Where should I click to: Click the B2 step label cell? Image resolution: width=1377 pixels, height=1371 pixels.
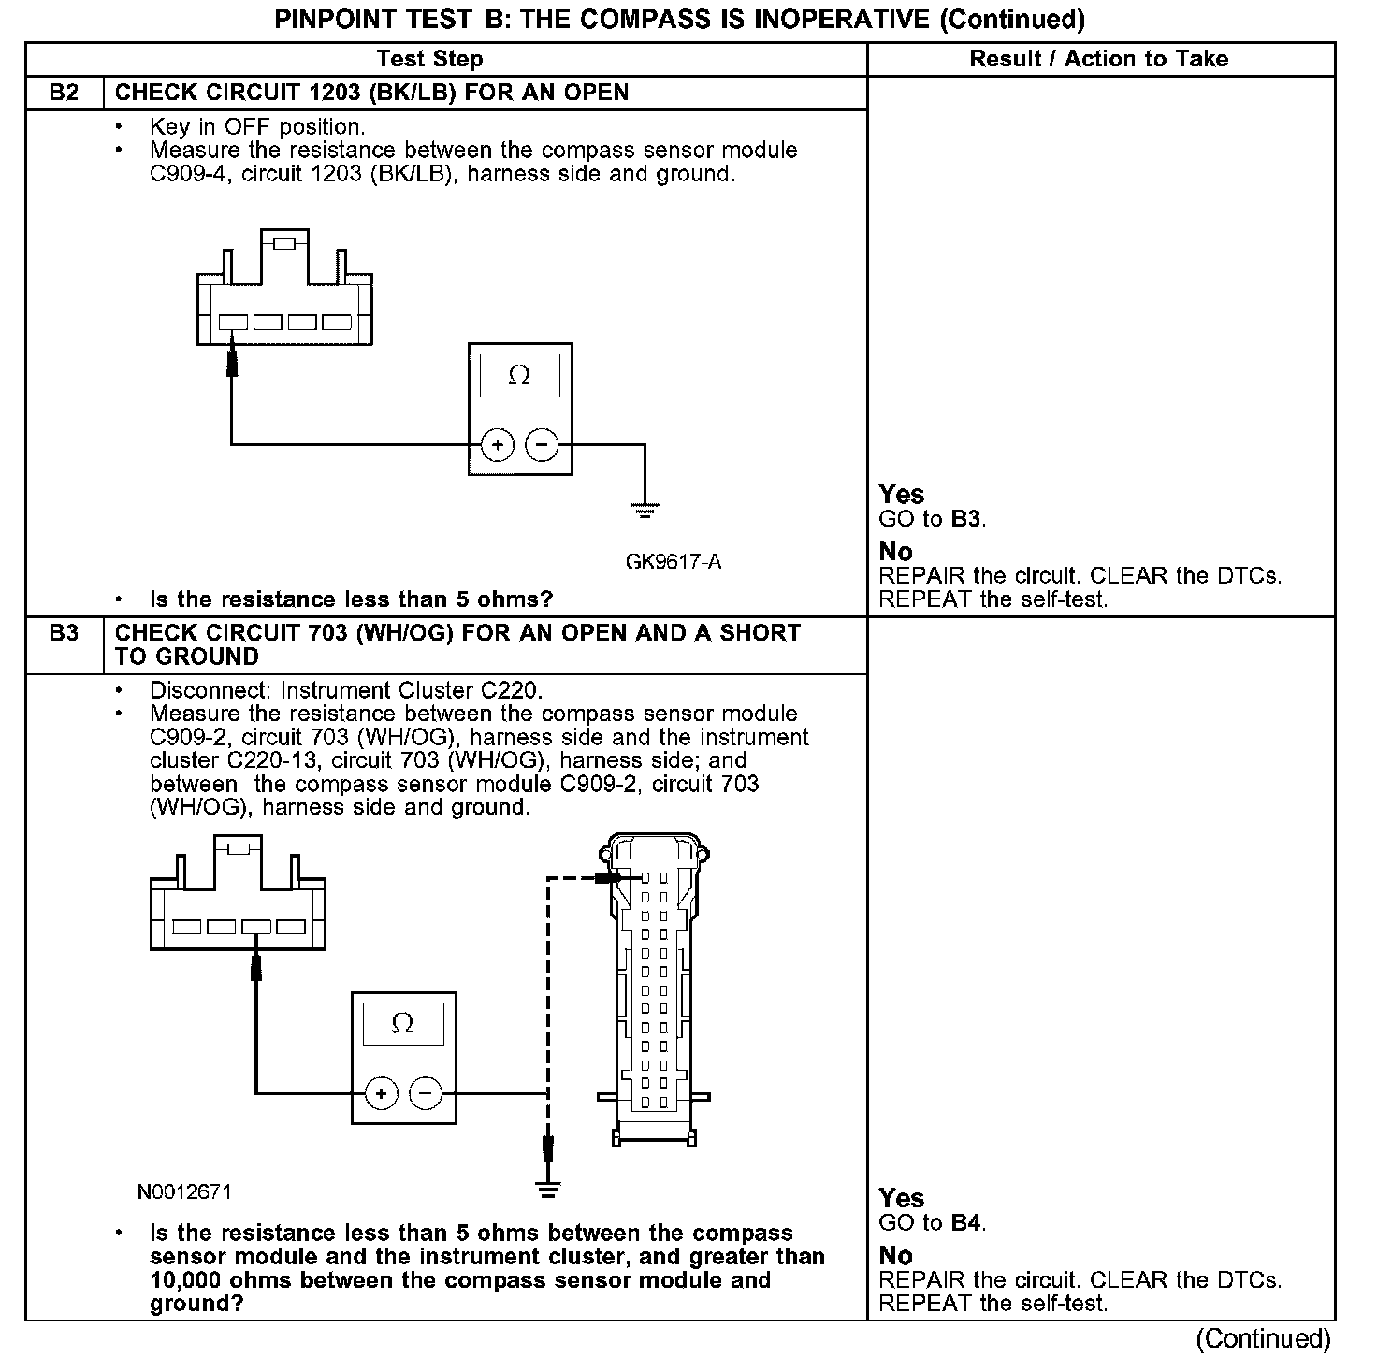pos(64,93)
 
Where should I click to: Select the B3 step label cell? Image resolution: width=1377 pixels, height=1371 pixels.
pos(64,633)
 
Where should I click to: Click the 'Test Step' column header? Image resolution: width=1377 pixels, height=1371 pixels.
pos(429,59)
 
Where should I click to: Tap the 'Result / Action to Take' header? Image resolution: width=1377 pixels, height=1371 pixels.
pos(1099,59)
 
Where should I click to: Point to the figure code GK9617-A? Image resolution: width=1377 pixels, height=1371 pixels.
pos(674,562)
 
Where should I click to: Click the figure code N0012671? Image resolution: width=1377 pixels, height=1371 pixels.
pos(184,1191)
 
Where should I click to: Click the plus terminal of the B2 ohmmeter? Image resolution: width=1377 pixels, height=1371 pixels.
pos(498,445)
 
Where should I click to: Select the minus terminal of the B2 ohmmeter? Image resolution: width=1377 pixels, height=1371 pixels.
pos(542,445)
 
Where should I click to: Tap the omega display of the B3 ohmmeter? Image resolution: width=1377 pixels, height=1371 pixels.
pos(402,1024)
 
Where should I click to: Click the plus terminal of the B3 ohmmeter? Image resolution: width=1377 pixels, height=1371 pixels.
pos(381,1092)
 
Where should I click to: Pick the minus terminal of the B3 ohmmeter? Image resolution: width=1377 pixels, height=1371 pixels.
pos(426,1092)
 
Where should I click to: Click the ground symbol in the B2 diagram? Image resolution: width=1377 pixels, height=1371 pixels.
pos(644,511)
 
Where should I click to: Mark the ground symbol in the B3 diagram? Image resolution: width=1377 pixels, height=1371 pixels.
pos(548,1190)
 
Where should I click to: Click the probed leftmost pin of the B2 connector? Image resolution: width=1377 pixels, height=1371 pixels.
pos(233,323)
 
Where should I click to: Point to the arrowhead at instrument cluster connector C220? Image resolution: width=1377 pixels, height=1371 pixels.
pos(610,878)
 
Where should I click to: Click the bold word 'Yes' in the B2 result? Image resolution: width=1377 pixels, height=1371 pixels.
pos(902,495)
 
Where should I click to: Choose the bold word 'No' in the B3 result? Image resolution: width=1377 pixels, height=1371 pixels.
pos(895,1255)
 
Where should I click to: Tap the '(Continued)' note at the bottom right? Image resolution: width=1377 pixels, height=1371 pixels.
pos(1263,1338)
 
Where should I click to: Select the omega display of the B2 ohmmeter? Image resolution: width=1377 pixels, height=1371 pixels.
pos(519,376)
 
